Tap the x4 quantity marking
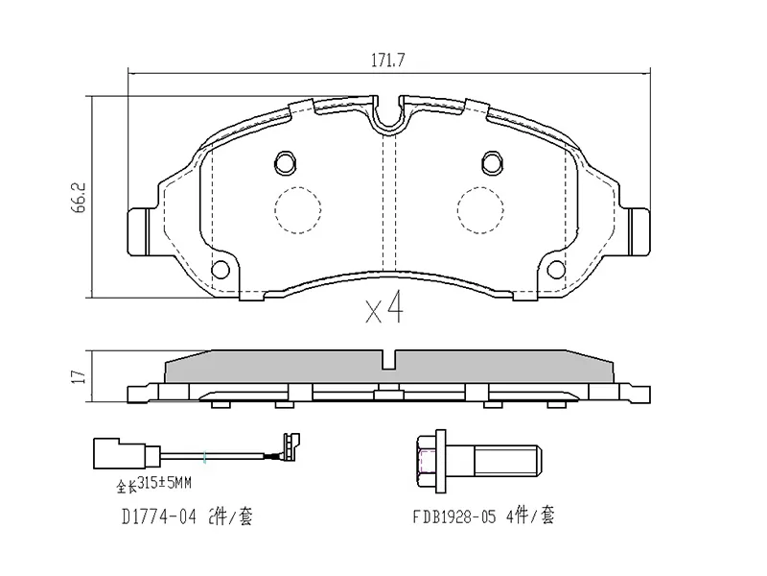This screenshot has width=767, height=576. (x=384, y=310)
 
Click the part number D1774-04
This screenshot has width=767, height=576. (x=159, y=517)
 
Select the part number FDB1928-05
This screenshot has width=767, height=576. (x=454, y=517)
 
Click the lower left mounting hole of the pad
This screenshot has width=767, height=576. (x=221, y=269)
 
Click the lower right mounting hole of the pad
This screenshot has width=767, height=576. (x=555, y=269)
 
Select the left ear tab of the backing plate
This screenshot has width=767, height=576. (x=138, y=230)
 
